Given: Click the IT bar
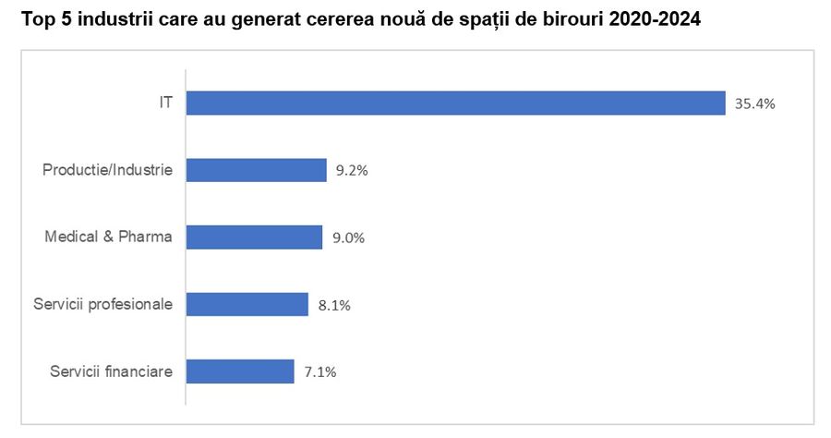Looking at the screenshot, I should [x=455, y=103].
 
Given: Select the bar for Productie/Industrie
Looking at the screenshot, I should [x=256, y=170].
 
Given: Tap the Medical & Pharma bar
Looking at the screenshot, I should [x=254, y=237].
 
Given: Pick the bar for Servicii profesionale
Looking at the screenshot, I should [x=247, y=304].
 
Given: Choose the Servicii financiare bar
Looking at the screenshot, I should [x=240, y=371].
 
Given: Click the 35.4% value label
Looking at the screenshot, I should [x=754, y=104].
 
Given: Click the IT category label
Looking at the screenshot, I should [x=165, y=103].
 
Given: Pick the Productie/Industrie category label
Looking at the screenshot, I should [x=108, y=170].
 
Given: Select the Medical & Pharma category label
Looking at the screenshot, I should [x=109, y=237].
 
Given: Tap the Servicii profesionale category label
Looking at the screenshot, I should [x=102, y=303].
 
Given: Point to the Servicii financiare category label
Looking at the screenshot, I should [x=111, y=371].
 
